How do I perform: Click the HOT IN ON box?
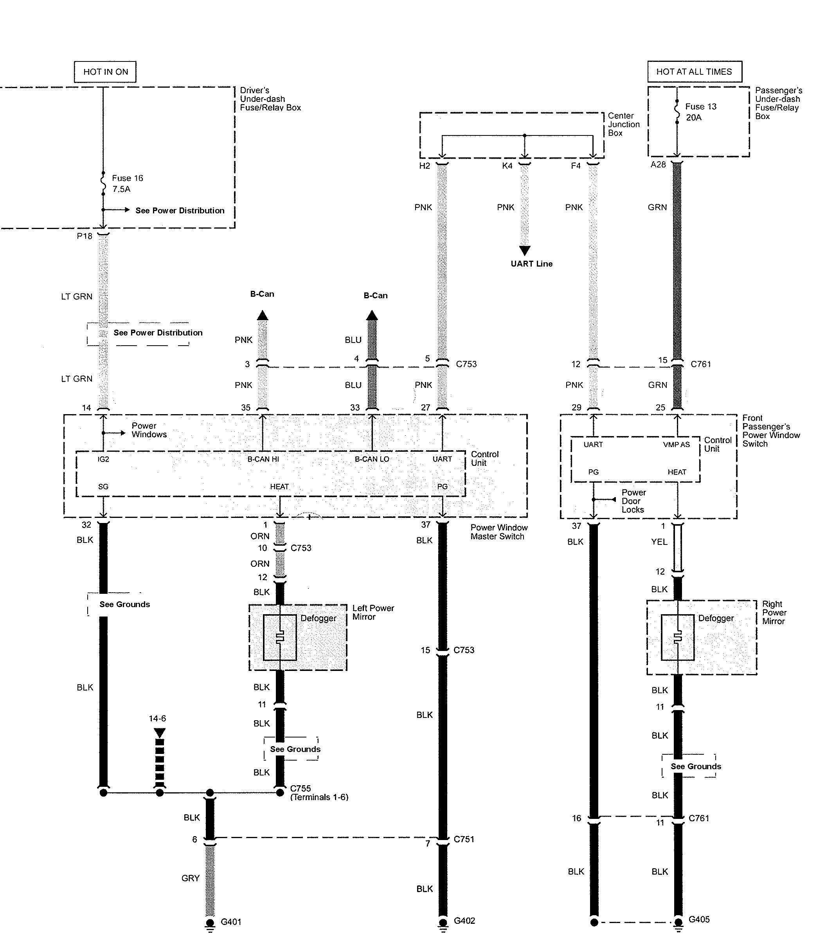point(105,72)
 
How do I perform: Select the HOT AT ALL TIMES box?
point(694,72)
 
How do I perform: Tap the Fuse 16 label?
point(127,178)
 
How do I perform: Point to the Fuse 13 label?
point(700,106)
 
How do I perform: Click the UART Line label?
point(531,264)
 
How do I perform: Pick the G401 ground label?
point(230,922)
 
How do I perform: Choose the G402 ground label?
point(464,921)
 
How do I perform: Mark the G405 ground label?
point(699,920)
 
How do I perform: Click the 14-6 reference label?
point(158,718)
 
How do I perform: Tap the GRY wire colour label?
point(191,878)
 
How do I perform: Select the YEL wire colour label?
point(659,542)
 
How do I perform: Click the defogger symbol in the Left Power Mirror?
point(280,637)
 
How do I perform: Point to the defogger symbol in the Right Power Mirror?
point(677,637)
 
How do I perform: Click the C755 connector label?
point(301,788)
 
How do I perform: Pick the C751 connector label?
point(464,839)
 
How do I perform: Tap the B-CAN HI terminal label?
point(263,459)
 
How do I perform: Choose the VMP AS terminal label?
point(676,444)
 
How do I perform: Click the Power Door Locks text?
point(633,501)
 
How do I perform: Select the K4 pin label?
point(507,166)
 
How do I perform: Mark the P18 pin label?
point(85,236)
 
